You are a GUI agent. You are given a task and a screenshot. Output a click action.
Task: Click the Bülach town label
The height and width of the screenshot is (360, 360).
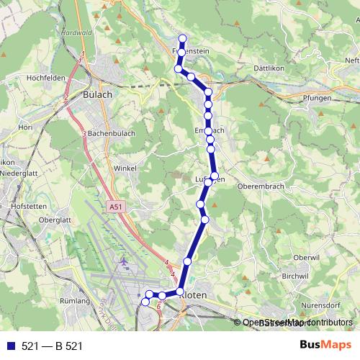coord(98,94)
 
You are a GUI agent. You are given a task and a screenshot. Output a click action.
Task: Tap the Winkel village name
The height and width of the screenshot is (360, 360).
coord(125,168)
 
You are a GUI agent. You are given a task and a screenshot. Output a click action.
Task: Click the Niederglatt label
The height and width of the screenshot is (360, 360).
coord(19,174)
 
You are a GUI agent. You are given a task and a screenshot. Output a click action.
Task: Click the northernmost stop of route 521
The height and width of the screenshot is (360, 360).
coord(182,39)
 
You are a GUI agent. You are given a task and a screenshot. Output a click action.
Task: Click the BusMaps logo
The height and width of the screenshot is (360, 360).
coord(325,346)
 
